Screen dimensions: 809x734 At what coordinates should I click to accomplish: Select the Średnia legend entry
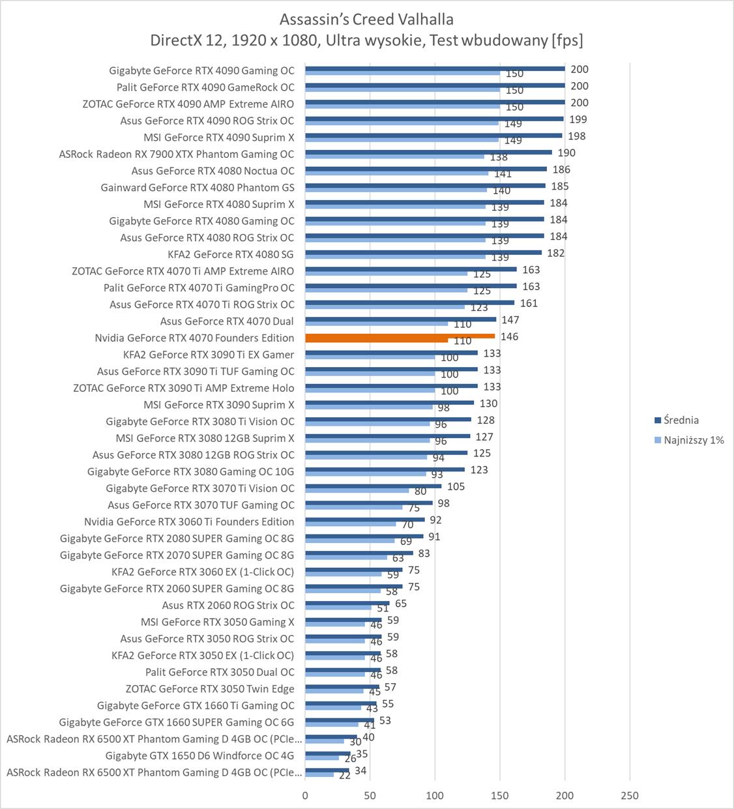coord(681,420)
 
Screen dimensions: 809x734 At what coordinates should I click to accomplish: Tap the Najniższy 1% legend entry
coord(693,440)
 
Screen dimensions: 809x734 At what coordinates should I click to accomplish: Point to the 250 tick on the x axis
coord(629,795)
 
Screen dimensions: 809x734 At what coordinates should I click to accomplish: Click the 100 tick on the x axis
coord(435,795)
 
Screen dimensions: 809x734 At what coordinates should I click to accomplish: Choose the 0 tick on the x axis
coord(305,795)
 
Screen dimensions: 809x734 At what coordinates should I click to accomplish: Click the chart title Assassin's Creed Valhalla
coord(366,19)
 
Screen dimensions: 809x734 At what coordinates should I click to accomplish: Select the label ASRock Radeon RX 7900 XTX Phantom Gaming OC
coord(176,154)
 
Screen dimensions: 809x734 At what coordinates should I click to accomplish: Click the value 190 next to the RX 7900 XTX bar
coord(566,153)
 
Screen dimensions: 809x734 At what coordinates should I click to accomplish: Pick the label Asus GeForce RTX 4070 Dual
coord(227,321)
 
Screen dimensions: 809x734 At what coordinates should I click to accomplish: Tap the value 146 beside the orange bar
coord(509,336)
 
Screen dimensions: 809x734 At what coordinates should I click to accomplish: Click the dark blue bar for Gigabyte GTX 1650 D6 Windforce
coord(327,754)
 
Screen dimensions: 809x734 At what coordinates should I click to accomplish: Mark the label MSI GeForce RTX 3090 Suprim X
coord(218,405)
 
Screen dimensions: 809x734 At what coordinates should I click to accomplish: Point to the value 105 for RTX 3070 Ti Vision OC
coord(456,486)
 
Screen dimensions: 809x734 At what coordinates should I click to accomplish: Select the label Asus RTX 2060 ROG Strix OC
coord(228,606)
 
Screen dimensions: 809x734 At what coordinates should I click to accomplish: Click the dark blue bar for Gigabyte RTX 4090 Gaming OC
coord(434,68)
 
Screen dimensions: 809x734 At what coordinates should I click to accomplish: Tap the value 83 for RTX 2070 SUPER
coord(424,553)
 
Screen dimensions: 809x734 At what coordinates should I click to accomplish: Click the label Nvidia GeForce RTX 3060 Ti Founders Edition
coord(189,522)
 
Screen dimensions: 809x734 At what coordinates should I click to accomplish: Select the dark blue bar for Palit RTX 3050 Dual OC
coord(342,669)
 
